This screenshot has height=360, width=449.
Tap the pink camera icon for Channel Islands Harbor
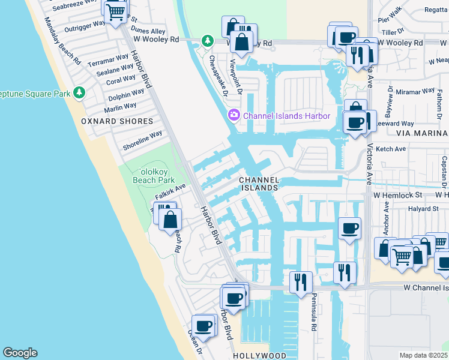(233, 115)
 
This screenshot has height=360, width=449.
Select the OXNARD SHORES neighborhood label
(118, 121)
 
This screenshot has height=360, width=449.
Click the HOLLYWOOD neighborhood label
(259, 355)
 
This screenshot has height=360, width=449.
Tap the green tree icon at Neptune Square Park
(79, 92)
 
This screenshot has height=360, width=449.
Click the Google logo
(20, 353)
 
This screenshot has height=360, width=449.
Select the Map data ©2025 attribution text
(423, 355)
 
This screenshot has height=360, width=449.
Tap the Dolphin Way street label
(126, 95)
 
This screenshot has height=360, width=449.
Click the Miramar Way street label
(415, 91)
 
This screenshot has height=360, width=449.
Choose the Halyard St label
(423, 209)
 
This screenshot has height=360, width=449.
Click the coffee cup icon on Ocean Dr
(203, 325)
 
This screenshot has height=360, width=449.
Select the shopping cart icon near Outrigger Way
(115, 11)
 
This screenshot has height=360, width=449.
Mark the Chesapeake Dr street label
(218, 76)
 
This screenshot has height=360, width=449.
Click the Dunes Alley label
(148, 31)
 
